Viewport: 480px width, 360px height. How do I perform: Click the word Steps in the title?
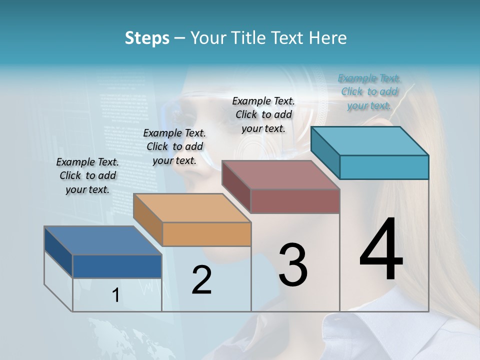coord(147,38)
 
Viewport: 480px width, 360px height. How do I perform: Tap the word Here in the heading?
coord(328,38)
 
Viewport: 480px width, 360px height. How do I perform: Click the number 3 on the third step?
coord(293,264)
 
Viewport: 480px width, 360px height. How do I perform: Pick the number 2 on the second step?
coord(201,280)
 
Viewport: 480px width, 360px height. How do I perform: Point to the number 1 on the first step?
coord(115,295)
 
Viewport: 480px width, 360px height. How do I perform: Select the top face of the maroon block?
coord(281,175)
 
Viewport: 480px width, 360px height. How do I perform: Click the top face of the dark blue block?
coord(103,240)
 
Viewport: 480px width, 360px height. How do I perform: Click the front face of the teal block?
coord(384,167)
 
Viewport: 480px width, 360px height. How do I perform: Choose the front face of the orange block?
coord(207,234)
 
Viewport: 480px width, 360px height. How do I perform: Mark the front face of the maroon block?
coord(295,201)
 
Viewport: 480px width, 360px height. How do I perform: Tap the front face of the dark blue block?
coord(117,266)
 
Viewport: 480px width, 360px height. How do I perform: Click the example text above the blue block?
coord(87,175)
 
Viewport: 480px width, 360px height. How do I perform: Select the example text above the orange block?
coord(174,146)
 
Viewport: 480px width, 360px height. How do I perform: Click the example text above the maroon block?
coord(263,114)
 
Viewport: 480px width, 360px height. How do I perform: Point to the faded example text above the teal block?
coord(369,91)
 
